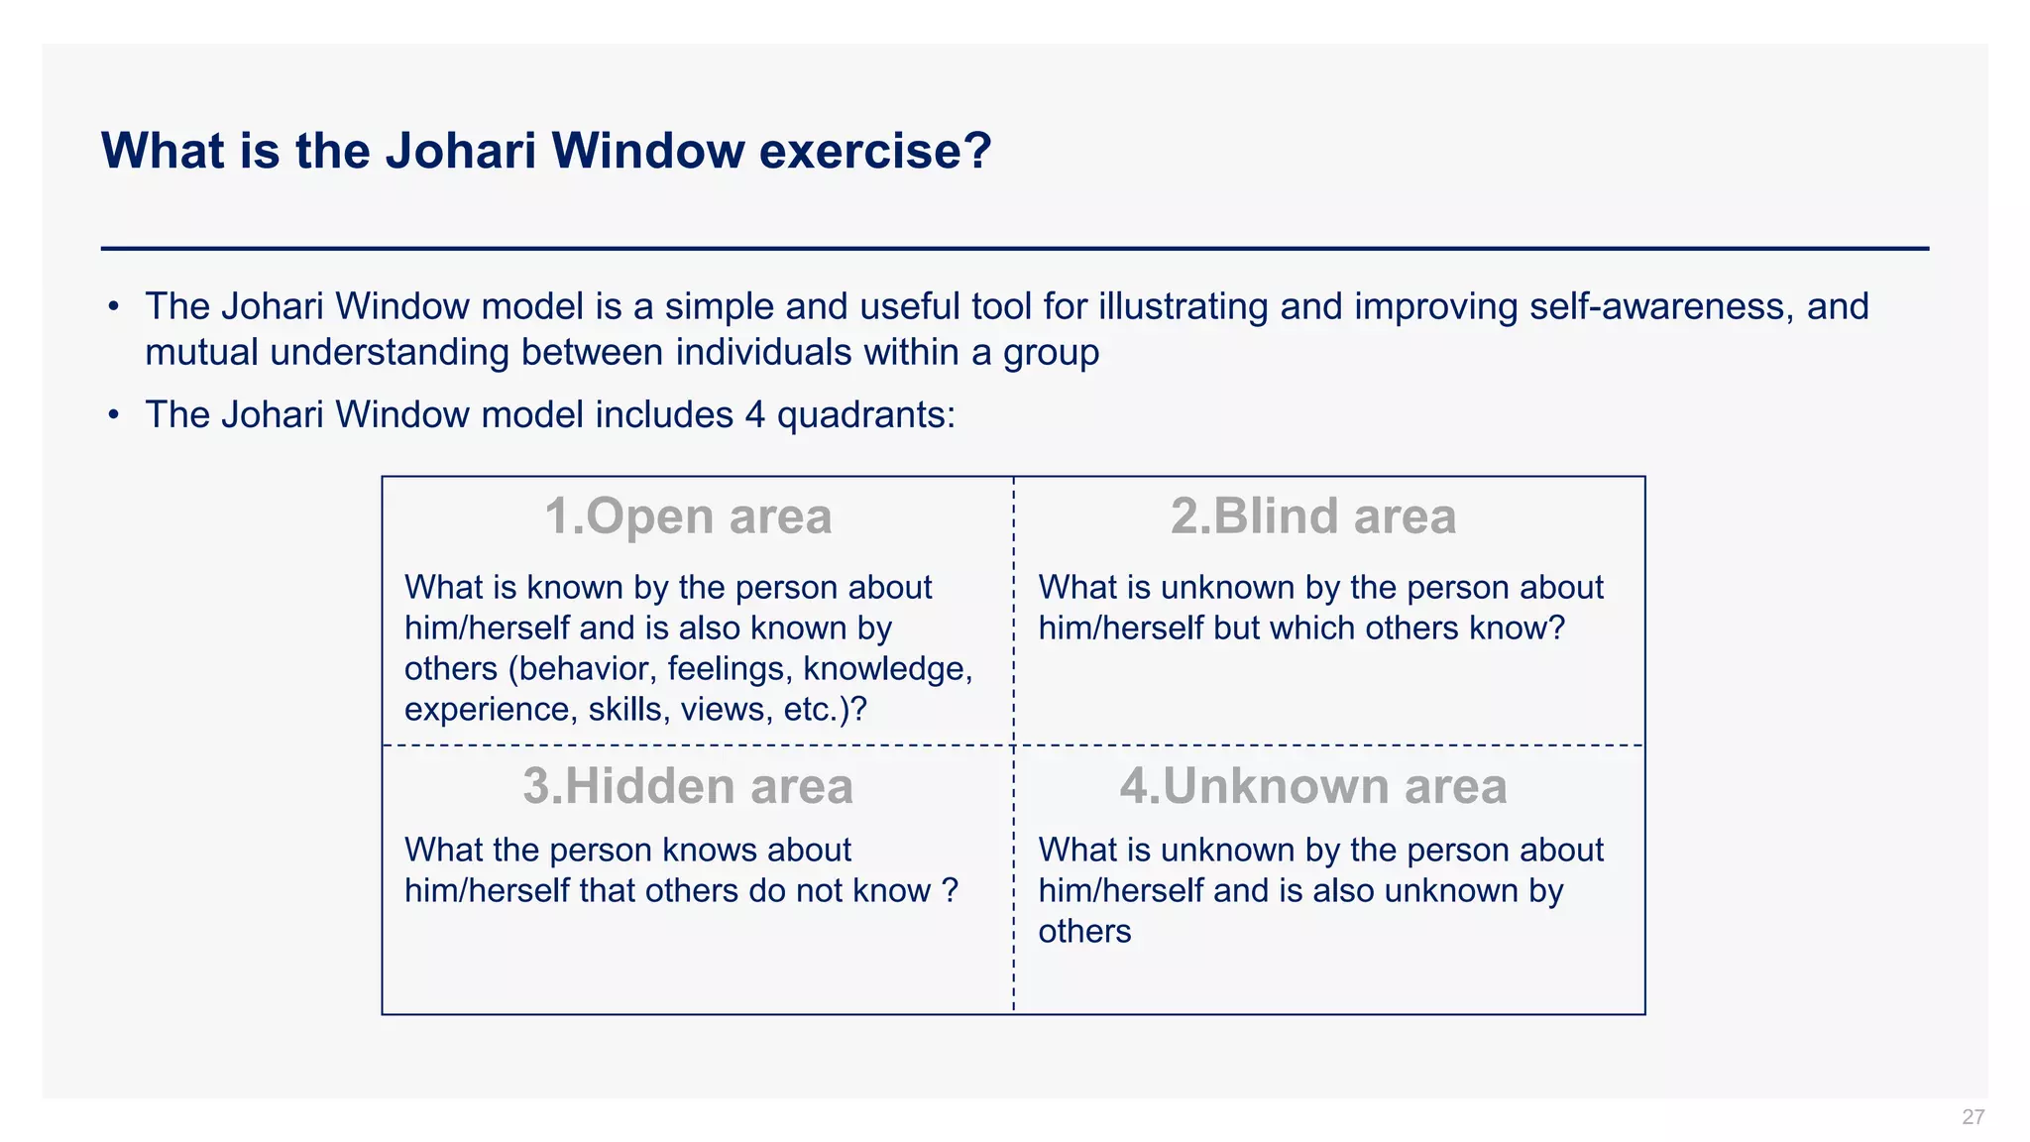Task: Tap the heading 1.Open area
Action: click(688, 516)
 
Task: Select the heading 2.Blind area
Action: click(1312, 516)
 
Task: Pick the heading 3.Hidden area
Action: click(688, 786)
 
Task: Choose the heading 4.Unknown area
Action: click(1312, 786)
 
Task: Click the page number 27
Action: click(1973, 1117)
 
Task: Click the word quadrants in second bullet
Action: click(865, 415)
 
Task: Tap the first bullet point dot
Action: click(114, 306)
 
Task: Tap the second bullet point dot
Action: click(114, 414)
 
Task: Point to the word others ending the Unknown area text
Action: click(1084, 932)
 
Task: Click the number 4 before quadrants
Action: click(755, 414)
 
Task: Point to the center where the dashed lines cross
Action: click(1013, 744)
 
